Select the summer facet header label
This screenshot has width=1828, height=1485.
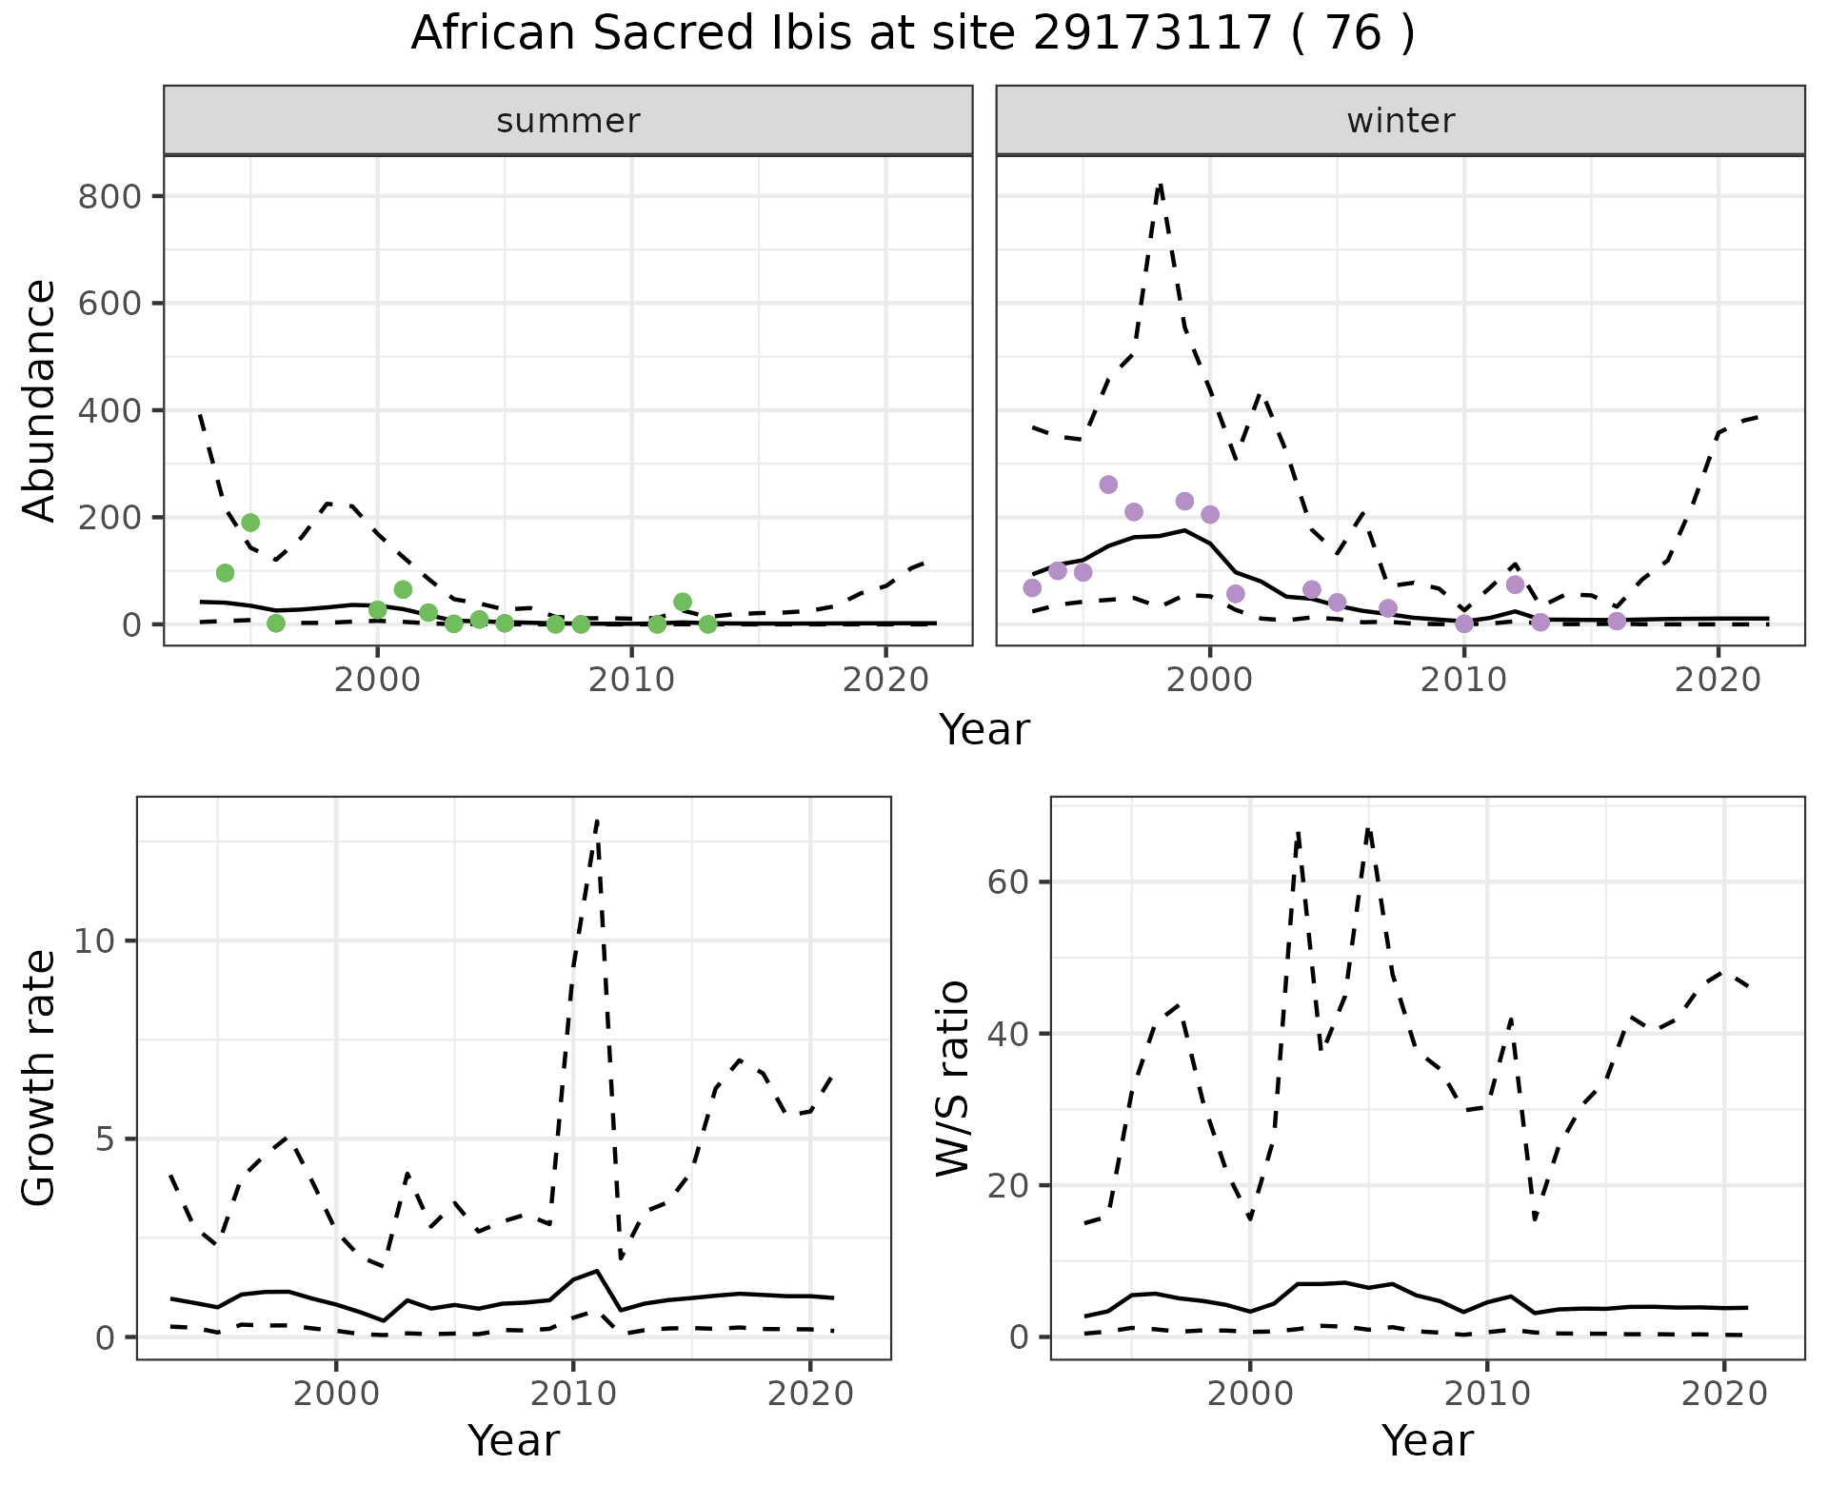(x=568, y=121)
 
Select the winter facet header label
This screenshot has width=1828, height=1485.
(x=1401, y=121)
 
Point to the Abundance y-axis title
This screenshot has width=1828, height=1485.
(x=39, y=401)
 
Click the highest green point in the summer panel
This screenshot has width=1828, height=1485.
(x=250, y=523)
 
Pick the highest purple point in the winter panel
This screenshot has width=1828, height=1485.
(x=1108, y=485)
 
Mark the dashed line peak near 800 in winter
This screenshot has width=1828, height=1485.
(x=1160, y=186)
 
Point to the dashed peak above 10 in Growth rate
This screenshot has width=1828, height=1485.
(x=596, y=821)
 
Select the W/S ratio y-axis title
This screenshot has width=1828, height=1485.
(x=952, y=1079)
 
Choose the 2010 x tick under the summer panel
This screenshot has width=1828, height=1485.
(x=631, y=682)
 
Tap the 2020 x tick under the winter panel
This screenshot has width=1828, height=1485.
(x=1719, y=682)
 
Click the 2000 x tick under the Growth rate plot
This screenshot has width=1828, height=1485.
(x=336, y=1395)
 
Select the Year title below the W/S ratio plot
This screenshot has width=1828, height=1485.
(x=1427, y=1441)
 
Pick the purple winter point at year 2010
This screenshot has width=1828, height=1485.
(x=1464, y=624)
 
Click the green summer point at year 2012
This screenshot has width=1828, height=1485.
(x=683, y=602)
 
